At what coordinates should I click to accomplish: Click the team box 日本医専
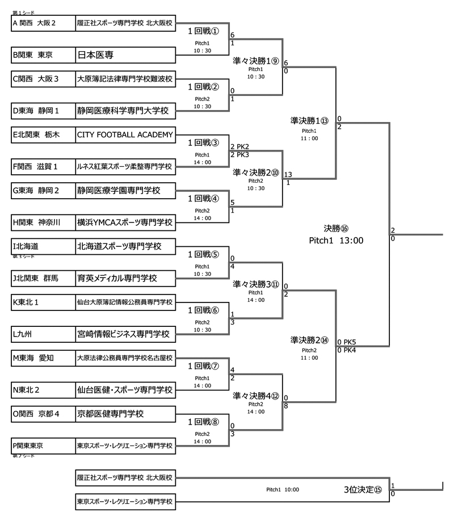tap(125, 55)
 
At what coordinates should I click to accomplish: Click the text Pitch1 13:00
tap(337, 241)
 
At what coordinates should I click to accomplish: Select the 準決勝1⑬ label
tap(309, 120)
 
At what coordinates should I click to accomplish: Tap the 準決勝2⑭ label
tap(309, 341)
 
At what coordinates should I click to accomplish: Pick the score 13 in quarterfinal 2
tap(288, 174)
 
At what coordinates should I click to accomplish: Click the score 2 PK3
tap(239, 154)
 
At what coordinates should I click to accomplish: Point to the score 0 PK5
tap(346, 342)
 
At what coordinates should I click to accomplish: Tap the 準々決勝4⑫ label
tap(256, 397)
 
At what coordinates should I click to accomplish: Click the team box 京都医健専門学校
tap(125, 414)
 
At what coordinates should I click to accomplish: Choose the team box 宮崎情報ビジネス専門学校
tap(125, 333)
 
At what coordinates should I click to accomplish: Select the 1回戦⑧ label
tap(203, 422)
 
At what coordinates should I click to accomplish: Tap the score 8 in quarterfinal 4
tap(286, 406)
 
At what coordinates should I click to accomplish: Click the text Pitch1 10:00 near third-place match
tap(283, 489)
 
